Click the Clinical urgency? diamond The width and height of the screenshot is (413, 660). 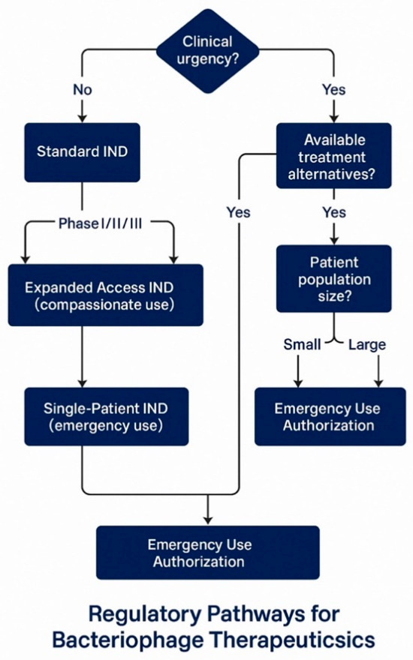(207, 50)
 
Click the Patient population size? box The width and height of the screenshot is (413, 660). (333, 278)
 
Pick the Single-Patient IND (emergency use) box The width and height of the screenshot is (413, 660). (104, 416)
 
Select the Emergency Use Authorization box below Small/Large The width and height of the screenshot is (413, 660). (327, 417)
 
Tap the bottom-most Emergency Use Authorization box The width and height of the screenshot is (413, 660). (207, 553)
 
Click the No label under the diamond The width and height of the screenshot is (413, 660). (82, 90)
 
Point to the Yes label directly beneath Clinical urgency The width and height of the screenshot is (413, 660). (333, 90)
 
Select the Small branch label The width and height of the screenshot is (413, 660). (302, 345)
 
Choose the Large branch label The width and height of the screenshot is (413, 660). (368, 345)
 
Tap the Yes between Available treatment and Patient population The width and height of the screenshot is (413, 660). (333, 212)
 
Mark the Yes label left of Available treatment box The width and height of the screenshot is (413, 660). (238, 212)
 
